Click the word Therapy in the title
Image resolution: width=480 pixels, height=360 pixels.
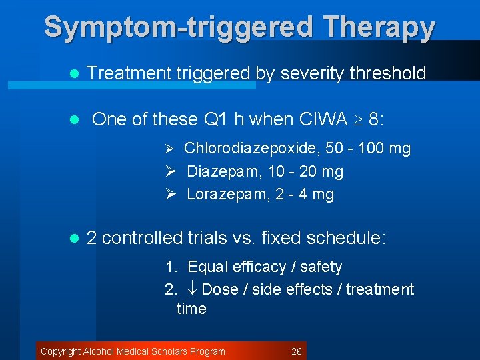tap(379, 27)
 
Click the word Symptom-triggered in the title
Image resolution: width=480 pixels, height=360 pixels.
tap(178, 27)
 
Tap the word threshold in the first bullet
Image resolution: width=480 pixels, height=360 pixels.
tap(387, 73)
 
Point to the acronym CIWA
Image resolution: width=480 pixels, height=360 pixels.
tap(323, 119)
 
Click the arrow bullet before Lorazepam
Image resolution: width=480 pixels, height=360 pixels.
tap(170, 194)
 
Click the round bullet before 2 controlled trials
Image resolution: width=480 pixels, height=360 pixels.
tap(75, 238)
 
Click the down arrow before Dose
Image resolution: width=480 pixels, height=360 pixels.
tap(192, 289)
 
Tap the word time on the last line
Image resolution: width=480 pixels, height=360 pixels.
tap(191, 309)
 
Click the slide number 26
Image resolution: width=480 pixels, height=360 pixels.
tap(297, 351)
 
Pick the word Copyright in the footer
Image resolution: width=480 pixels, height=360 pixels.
tap(61, 351)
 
